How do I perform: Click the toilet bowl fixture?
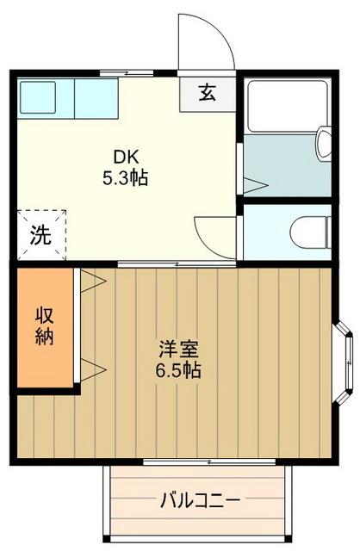(311, 230)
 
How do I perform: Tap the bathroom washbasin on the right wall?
(325, 143)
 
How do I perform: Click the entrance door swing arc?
(207, 39)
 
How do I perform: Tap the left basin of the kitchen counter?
(37, 97)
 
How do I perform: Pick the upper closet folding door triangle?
(92, 279)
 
